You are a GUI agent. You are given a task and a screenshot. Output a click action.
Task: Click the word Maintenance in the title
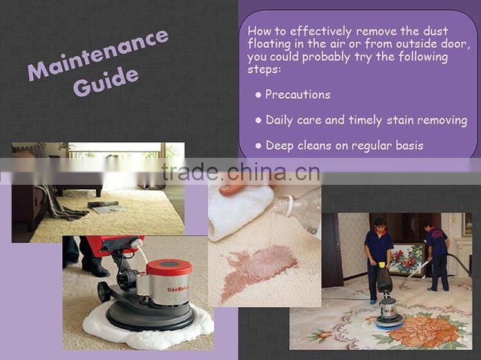click(x=98, y=55)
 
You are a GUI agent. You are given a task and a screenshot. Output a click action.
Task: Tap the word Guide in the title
click(x=106, y=80)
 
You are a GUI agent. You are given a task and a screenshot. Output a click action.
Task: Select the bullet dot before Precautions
click(x=258, y=95)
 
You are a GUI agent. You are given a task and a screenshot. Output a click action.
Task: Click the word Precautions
click(x=298, y=94)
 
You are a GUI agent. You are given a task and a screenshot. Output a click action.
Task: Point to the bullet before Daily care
click(x=258, y=120)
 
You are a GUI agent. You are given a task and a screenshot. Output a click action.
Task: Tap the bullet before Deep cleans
click(x=258, y=146)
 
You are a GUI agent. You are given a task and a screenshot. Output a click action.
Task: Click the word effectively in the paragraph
click(x=321, y=31)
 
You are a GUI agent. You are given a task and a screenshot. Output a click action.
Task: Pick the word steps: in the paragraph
click(x=264, y=69)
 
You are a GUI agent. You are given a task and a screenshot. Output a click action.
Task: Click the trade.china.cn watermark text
click(x=241, y=172)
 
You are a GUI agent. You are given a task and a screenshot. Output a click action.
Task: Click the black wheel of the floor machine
click(x=105, y=292)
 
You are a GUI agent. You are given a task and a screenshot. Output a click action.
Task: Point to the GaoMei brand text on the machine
click(x=178, y=289)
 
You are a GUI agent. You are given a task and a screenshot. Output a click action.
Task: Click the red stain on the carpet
click(x=258, y=270)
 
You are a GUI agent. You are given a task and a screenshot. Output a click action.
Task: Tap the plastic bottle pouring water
click(x=297, y=209)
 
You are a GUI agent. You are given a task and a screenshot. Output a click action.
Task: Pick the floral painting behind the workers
click(x=407, y=259)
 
